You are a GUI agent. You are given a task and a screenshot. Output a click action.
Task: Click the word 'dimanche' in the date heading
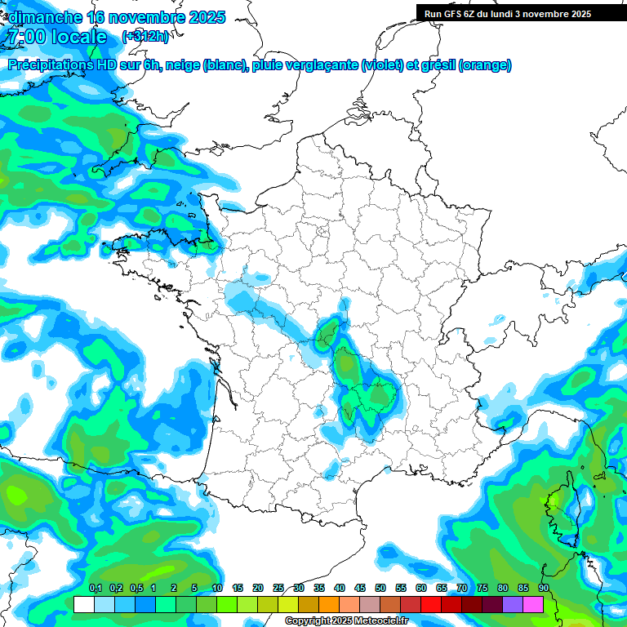click(44, 17)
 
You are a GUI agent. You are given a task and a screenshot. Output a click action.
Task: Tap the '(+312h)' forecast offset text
click(145, 36)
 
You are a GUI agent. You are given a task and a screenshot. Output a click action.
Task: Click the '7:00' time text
click(24, 37)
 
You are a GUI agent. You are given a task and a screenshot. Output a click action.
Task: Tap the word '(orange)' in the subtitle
click(486, 65)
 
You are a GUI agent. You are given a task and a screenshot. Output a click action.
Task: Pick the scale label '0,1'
click(96, 588)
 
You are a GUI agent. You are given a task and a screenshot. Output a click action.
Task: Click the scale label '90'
click(543, 588)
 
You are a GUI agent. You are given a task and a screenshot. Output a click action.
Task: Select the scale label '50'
click(380, 588)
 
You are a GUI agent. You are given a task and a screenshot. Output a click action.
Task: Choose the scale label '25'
click(278, 588)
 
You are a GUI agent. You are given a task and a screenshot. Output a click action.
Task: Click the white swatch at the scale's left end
click(83, 604)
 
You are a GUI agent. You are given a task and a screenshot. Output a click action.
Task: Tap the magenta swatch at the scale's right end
click(533, 604)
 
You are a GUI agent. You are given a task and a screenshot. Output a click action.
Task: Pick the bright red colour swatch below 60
click(431, 604)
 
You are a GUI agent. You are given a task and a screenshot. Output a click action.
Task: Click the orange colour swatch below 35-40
click(329, 604)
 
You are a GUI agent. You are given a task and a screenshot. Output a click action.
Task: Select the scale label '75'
click(482, 588)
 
